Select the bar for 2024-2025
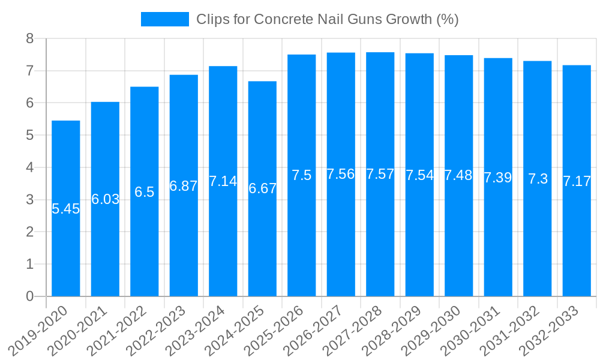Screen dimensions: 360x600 coord(262,240)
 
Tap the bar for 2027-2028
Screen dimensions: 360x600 coord(380,240)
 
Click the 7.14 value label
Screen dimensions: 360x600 coord(223,181)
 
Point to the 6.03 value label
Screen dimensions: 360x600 coord(105,199)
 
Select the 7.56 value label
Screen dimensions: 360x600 coord(341,174)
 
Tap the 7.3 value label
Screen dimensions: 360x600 coord(538,179)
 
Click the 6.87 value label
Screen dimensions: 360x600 coord(184,186)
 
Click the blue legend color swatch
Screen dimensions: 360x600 coord(164,19)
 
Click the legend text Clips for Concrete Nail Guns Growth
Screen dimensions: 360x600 coord(327,19)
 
